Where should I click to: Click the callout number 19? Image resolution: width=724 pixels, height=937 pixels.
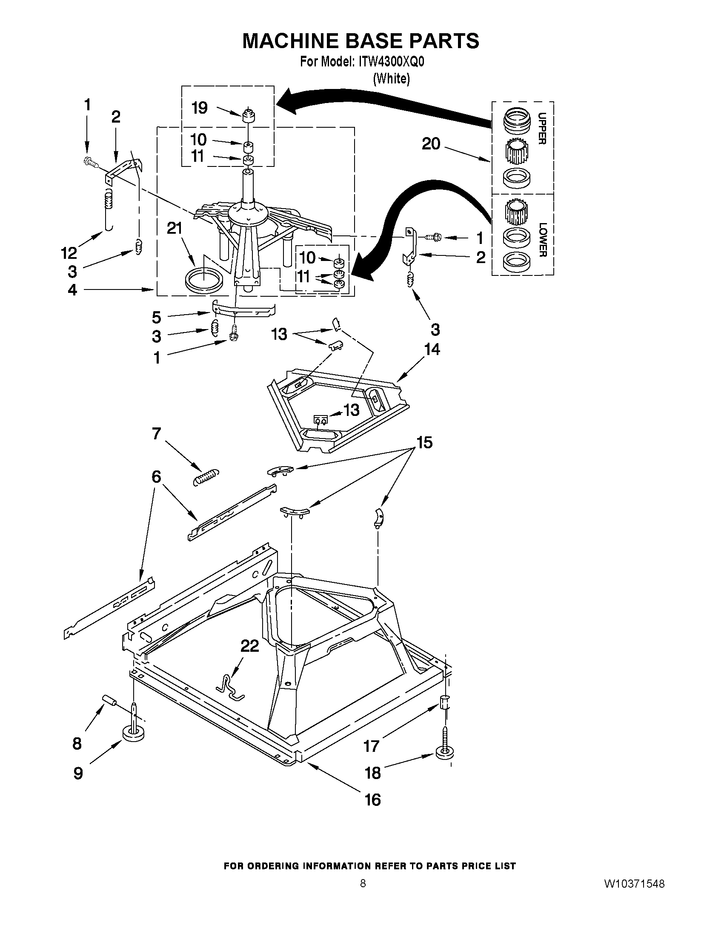pyautogui.click(x=200, y=108)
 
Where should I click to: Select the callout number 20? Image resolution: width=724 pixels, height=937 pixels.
pyautogui.click(x=431, y=144)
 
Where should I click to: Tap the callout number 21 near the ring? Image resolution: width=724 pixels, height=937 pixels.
pyautogui.click(x=175, y=229)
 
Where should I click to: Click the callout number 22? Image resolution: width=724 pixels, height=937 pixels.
pyautogui.click(x=249, y=646)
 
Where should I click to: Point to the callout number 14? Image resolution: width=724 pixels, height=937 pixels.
pyautogui.click(x=432, y=350)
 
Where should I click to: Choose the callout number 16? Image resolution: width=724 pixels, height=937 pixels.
pyautogui.click(x=372, y=800)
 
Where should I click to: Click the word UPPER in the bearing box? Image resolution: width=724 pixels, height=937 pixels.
pyautogui.click(x=542, y=128)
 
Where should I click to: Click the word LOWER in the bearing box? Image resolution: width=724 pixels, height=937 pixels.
pyautogui.click(x=543, y=240)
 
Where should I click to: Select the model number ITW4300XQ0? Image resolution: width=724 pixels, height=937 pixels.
pyautogui.click(x=389, y=62)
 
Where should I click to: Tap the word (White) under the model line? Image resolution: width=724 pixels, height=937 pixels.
pyautogui.click(x=391, y=79)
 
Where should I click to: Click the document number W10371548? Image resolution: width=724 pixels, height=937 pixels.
pyautogui.click(x=634, y=884)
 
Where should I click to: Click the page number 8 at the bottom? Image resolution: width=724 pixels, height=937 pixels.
pyautogui.click(x=363, y=883)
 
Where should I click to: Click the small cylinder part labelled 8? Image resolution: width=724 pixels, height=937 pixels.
pyautogui.click(x=109, y=702)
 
